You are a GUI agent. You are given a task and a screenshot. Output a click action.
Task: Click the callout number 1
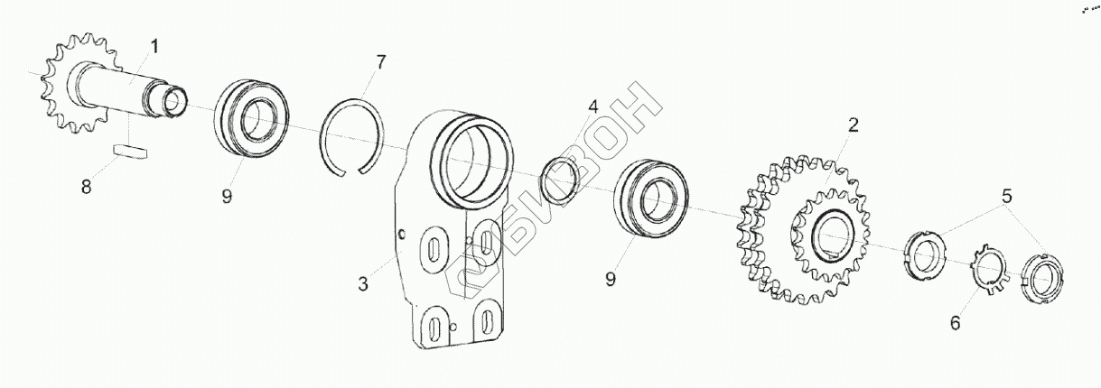point(155,45)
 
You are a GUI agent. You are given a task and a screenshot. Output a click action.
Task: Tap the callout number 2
point(851,125)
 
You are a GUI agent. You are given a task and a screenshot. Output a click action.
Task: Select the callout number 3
point(363,283)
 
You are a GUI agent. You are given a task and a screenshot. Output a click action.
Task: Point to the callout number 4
point(592,106)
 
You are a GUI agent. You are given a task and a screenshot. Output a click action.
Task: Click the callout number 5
point(1005,195)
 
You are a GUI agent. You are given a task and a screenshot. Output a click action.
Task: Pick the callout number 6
point(956,322)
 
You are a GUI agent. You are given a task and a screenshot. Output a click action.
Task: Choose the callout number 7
point(381,62)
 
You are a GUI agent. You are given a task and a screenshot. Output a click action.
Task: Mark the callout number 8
point(87,187)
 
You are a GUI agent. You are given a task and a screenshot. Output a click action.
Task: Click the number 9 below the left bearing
point(227,195)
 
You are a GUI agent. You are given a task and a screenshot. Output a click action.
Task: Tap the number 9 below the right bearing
point(611,280)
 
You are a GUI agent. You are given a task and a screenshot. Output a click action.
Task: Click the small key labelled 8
point(128,151)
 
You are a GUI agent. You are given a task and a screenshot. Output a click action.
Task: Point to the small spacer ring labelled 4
point(557,179)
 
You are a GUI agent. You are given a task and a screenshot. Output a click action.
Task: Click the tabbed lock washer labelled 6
point(988,272)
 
